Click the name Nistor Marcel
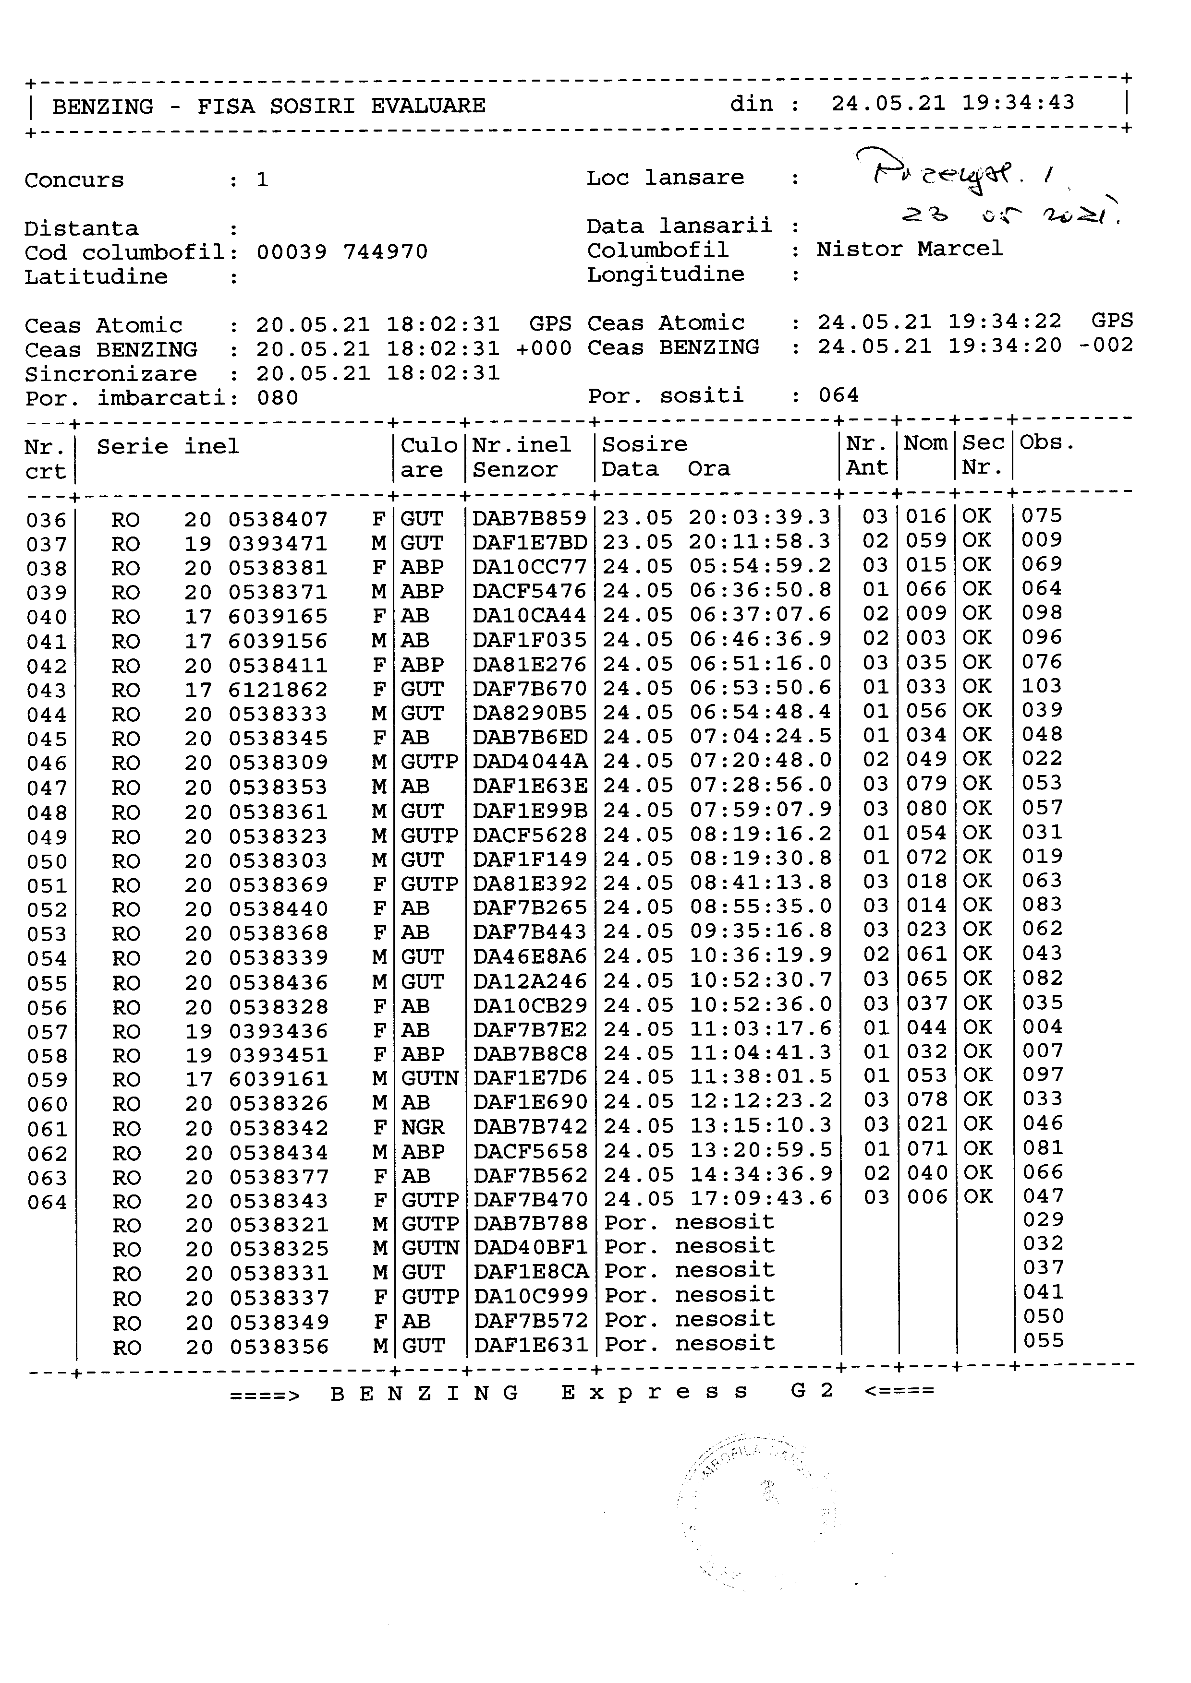(910, 249)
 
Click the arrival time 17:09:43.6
(761, 1198)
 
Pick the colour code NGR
(423, 1127)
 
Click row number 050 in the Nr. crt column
(47, 861)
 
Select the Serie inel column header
(168, 446)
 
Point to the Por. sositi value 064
(838, 396)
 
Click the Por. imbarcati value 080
(277, 398)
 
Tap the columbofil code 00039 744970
(342, 252)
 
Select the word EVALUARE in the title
(427, 106)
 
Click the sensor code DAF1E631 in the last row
(530, 1345)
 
